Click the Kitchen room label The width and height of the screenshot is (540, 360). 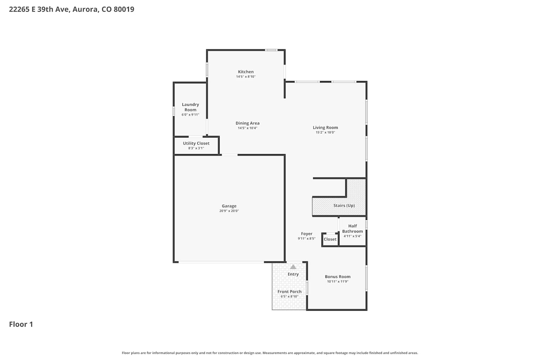(x=246, y=72)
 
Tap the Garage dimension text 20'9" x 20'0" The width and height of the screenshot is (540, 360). (x=229, y=211)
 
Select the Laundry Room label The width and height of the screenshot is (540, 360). (x=190, y=107)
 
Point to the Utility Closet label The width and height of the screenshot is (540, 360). (x=196, y=143)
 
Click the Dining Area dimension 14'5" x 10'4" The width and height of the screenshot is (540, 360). (x=248, y=128)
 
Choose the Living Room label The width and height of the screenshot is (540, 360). (x=325, y=127)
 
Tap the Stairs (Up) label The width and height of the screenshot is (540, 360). (x=344, y=206)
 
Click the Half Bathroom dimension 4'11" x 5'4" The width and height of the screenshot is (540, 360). (x=352, y=236)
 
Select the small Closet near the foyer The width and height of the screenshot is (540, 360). (x=330, y=239)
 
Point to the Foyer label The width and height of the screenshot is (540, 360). (x=307, y=234)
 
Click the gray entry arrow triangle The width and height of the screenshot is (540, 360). (x=293, y=267)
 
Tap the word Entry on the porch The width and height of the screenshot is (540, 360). (x=293, y=274)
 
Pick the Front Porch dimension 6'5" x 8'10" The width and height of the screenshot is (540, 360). (x=289, y=296)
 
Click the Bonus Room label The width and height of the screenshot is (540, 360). (x=338, y=276)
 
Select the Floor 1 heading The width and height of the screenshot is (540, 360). (x=21, y=324)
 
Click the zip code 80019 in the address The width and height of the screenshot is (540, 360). (x=124, y=9)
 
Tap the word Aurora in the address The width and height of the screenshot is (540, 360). (x=86, y=9)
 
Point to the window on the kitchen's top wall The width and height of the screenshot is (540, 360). (x=271, y=50)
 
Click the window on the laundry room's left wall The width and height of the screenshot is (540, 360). (x=174, y=111)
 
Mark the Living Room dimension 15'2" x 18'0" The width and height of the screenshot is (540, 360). (x=325, y=132)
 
